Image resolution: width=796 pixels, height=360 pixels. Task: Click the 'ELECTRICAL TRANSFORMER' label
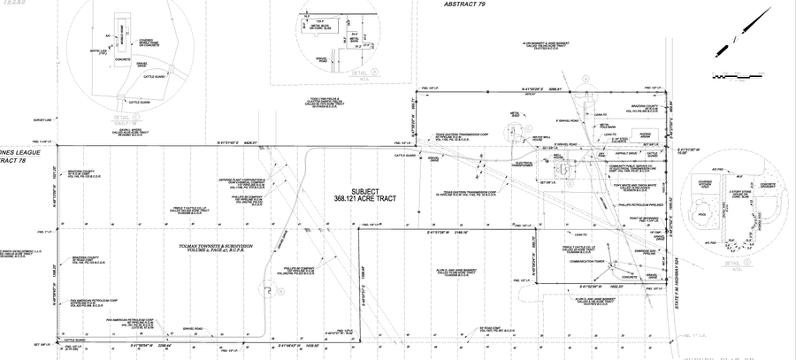click(x=522, y=164)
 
